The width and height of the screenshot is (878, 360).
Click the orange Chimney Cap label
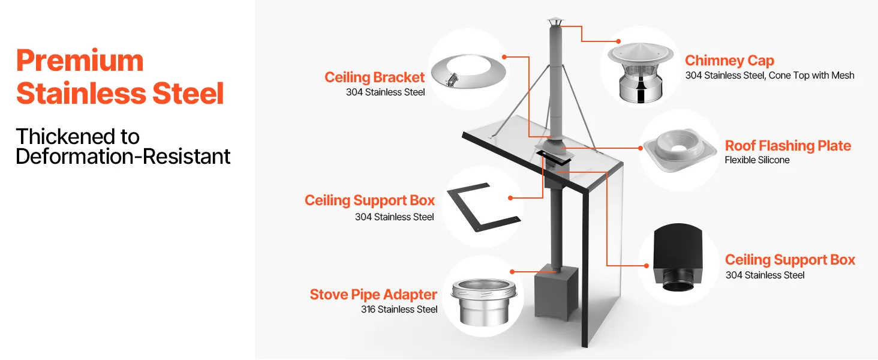click(x=729, y=61)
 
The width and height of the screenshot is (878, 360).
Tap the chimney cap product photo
click(x=641, y=72)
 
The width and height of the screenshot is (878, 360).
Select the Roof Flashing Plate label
click(x=788, y=145)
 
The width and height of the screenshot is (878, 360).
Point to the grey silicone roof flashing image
click(x=679, y=150)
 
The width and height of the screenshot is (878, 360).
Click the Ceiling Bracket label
click(x=374, y=77)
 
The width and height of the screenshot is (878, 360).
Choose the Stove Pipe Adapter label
click(x=373, y=295)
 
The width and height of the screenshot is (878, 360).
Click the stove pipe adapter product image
click(x=484, y=302)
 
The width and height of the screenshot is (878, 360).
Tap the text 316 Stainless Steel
click(x=399, y=310)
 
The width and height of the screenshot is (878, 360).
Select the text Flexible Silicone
click(x=757, y=160)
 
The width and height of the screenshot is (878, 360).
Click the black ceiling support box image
click(x=678, y=257)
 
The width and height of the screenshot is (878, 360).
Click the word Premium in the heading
click(x=80, y=61)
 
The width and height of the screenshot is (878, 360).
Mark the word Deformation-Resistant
click(x=123, y=157)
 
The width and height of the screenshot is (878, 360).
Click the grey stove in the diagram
click(x=556, y=293)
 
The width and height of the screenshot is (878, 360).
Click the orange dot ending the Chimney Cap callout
click(x=618, y=41)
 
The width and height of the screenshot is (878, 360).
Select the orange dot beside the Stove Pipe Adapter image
click(x=512, y=271)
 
